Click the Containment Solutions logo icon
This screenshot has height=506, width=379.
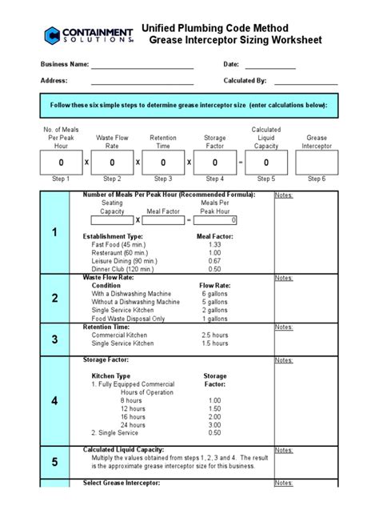53,34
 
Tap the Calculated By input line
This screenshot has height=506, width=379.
306,82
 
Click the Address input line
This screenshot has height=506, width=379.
142,82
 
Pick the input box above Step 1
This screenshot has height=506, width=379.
61,163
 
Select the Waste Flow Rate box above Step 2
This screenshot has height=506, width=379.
112,163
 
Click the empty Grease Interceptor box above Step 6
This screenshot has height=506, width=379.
317,163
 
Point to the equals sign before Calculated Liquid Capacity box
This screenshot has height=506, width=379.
240,163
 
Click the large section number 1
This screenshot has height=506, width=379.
55,233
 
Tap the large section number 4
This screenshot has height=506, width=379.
55,399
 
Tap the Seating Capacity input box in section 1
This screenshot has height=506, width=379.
112,220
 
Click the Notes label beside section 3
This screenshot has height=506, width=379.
284,327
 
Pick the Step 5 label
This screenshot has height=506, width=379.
265,179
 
